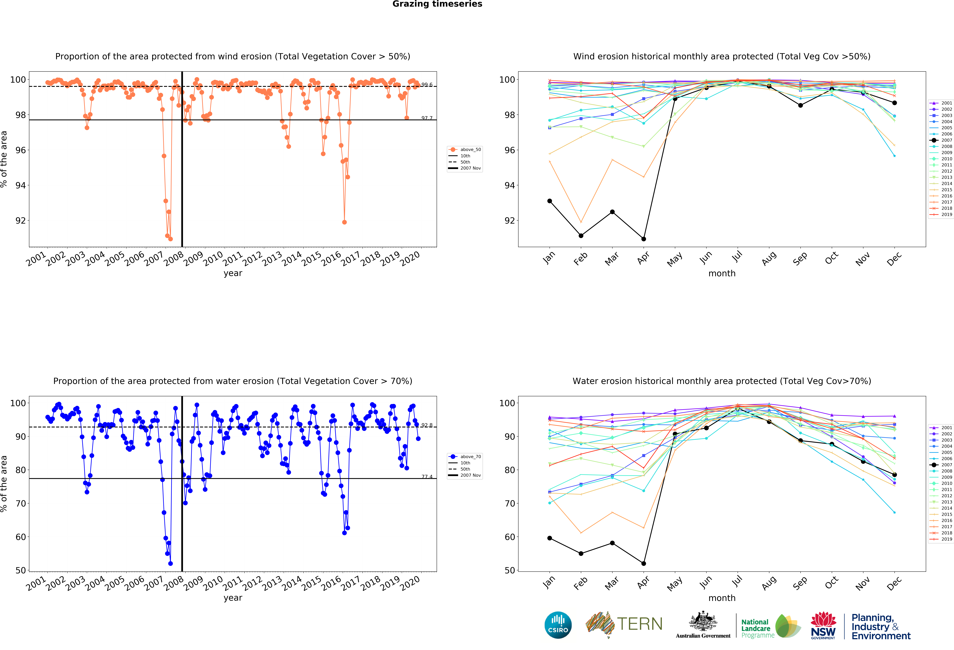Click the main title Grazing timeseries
[437, 4]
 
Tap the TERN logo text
[640, 624]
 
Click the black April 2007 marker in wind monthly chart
[644, 239]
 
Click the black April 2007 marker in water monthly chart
[644, 563]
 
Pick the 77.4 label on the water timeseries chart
[427, 476]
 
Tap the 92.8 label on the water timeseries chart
[427, 425]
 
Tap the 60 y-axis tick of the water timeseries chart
[21, 537]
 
